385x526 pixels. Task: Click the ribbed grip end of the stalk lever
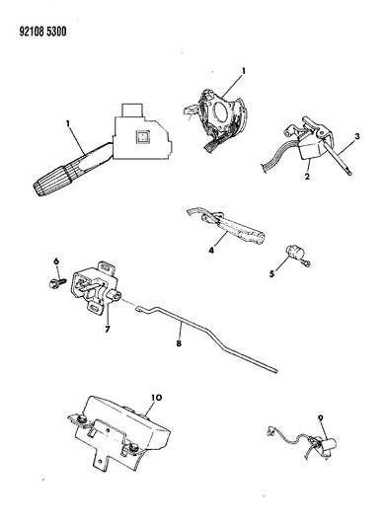click(x=48, y=184)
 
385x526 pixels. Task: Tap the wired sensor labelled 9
click(x=324, y=449)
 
